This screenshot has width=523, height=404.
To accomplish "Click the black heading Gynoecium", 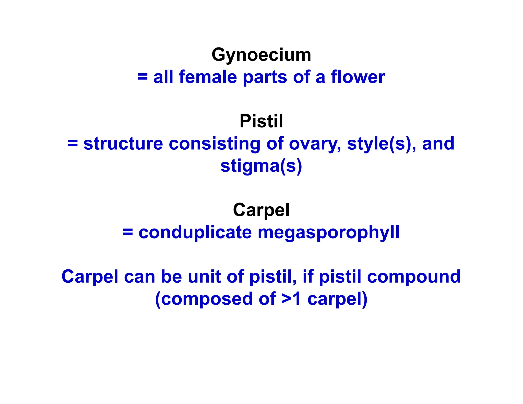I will pyautogui.click(x=261, y=55).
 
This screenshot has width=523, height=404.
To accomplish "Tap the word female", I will pyautogui.click(x=208, y=77).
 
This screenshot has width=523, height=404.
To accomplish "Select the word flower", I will pyautogui.click(x=358, y=77).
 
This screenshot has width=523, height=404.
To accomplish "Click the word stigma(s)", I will pyautogui.click(x=261, y=166).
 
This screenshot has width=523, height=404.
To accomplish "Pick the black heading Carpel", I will pyautogui.click(x=261, y=210).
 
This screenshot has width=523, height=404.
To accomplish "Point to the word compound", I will pyautogui.click(x=414, y=277).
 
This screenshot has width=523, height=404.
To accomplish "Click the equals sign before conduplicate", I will pyautogui.click(x=128, y=232).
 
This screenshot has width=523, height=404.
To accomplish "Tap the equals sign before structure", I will pyautogui.click(x=73, y=144).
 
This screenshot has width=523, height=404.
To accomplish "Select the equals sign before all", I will pyautogui.click(x=142, y=77).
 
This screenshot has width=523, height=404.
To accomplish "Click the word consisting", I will pyautogui.click(x=215, y=144).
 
